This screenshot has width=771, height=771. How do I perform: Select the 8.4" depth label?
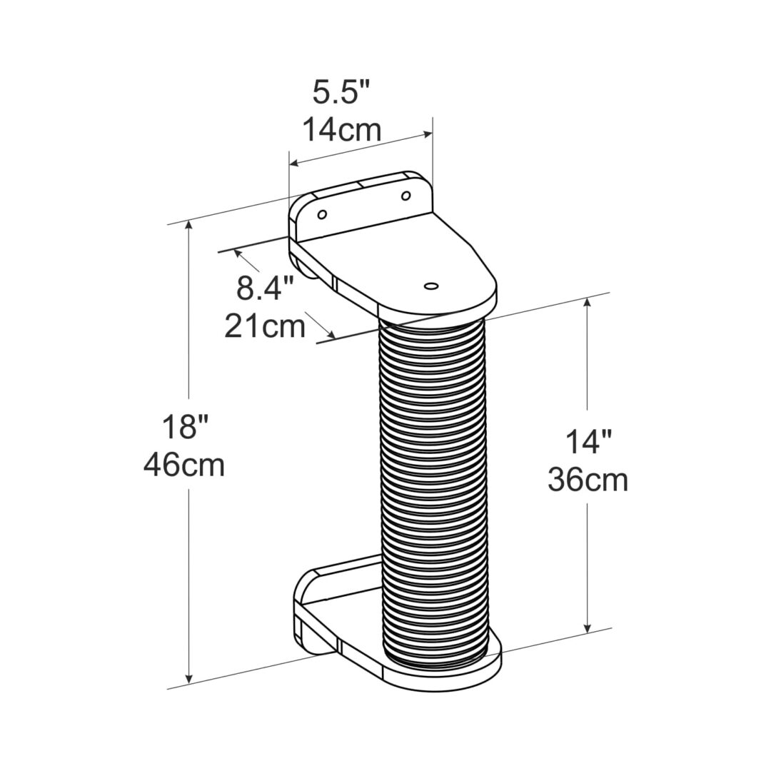pos(266,289)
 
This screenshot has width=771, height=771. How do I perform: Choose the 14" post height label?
pos(587,443)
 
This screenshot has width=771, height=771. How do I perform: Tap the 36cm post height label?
pos(588,480)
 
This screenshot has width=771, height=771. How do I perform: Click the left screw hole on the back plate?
pos(322,213)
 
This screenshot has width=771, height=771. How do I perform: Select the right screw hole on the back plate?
pos(405,196)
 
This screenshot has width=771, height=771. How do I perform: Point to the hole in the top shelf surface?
pos(430,286)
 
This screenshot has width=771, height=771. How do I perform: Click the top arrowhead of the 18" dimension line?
pos(189,226)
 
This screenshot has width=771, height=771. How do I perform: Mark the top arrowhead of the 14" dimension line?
pos(588,303)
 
